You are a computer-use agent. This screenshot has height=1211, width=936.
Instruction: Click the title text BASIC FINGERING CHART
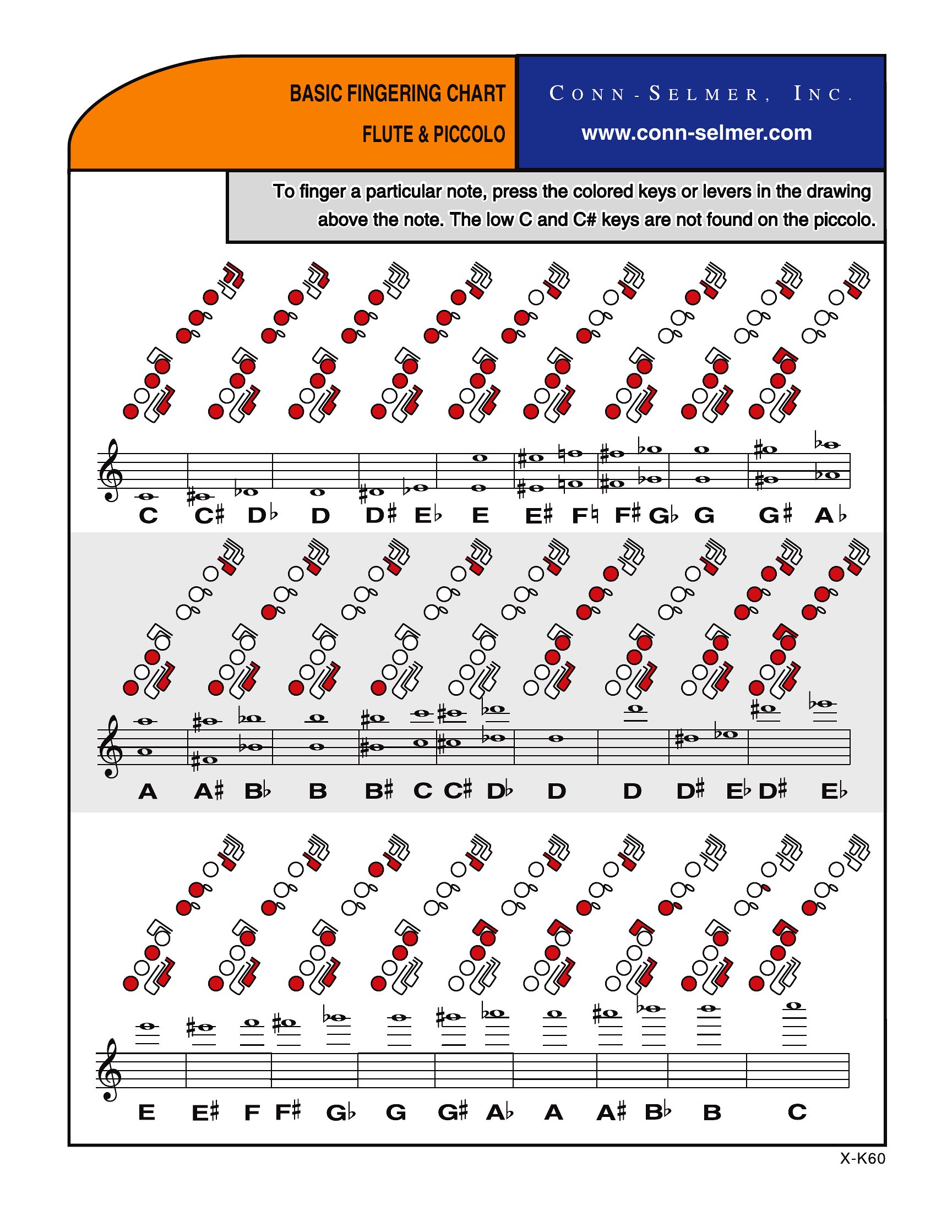[397, 94]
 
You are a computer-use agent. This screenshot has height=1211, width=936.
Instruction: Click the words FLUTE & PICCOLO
[434, 135]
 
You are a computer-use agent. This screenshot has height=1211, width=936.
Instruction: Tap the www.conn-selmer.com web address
[696, 133]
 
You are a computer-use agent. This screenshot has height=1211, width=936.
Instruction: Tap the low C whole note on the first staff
[148, 497]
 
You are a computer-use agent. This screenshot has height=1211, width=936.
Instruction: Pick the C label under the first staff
[148, 516]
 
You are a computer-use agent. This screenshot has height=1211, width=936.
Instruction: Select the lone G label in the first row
[704, 516]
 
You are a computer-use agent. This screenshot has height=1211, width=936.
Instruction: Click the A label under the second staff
[148, 792]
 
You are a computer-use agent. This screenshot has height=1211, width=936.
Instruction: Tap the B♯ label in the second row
[379, 791]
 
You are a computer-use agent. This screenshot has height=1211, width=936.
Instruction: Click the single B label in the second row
[318, 792]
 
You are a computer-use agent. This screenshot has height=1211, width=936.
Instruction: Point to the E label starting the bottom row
[146, 1113]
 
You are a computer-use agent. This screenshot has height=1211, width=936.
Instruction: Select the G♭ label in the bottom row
[340, 1113]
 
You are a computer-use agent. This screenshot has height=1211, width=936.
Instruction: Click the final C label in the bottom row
[797, 1112]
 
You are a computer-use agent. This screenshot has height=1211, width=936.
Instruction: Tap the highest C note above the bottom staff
[794, 1005]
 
